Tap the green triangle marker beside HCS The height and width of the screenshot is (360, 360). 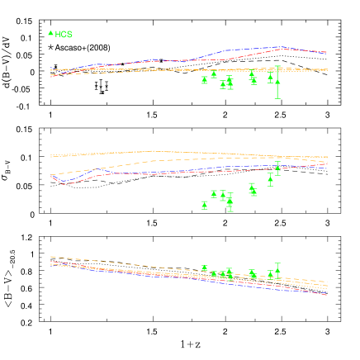[x=51, y=33]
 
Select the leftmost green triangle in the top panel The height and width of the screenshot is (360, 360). [x=205, y=79]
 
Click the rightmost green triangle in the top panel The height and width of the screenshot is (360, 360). [x=277, y=81]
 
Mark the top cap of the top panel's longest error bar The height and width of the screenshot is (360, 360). [x=277, y=66]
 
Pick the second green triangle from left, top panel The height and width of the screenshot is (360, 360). [x=214, y=74]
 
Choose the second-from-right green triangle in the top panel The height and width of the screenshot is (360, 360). [x=270, y=78]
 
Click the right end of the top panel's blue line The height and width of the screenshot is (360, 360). [x=327, y=52]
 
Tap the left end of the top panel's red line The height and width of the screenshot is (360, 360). [x=51, y=76]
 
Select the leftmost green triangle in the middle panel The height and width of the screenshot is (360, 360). [x=205, y=204]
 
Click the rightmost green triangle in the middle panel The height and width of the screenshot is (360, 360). [x=277, y=168]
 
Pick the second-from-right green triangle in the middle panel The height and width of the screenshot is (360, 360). [x=270, y=178]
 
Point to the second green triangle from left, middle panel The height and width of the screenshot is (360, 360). [x=214, y=194]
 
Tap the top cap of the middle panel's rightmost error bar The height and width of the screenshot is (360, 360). [x=277, y=162]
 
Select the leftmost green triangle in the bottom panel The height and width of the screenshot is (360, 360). [x=205, y=268]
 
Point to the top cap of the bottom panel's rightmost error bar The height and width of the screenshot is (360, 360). [x=277, y=263]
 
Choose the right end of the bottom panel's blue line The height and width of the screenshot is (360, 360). [x=327, y=295]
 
